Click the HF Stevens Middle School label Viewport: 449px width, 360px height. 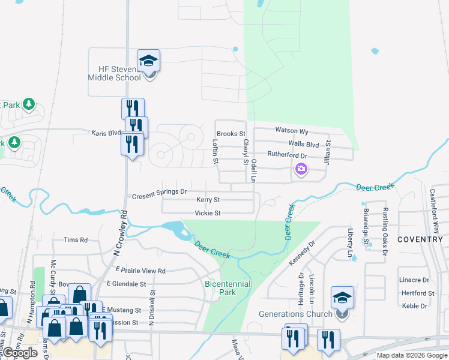click(x=114, y=73)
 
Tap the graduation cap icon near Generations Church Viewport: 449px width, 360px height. click(x=342, y=297)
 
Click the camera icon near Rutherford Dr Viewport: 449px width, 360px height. click(x=301, y=170)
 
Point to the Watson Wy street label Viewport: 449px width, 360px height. click(x=292, y=131)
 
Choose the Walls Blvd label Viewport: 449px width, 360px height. click(x=303, y=144)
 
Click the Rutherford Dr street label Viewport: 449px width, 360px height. click(x=287, y=155)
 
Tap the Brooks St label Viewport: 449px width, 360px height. click(x=231, y=134)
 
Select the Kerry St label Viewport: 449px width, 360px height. click(x=208, y=200)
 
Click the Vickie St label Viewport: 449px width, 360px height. click(x=208, y=213)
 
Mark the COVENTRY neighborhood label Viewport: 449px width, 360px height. click(x=420, y=239)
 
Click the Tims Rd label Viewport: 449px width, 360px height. click(x=76, y=240)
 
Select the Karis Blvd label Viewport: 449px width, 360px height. click(x=106, y=133)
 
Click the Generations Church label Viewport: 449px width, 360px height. click(x=295, y=314)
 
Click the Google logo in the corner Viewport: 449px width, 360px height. click(x=20, y=353)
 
